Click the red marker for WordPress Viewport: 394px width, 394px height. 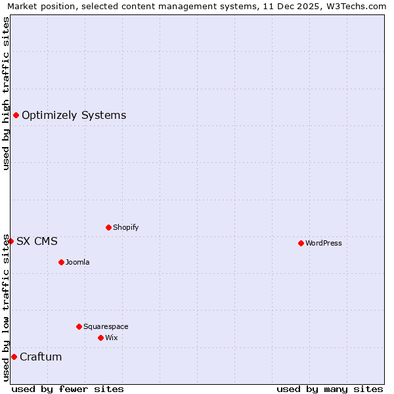(x=301, y=243)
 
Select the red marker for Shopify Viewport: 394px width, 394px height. (x=108, y=227)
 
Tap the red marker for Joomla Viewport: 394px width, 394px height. (x=61, y=262)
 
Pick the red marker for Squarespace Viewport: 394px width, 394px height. (x=79, y=326)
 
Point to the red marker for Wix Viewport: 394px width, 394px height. (x=100, y=338)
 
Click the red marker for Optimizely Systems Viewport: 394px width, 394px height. (x=16, y=116)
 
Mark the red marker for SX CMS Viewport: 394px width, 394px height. (x=11, y=241)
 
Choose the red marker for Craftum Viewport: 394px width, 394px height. (x=14, y=357)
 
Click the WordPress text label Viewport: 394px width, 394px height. (x=324, y=243)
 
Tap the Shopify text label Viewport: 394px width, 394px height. (x=125, y=227)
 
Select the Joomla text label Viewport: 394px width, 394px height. (x=77, y=262)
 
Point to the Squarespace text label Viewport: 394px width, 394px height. (x=106, y=326)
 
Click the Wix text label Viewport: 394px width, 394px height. (x=112, y=338)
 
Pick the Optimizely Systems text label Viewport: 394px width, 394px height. (x=74, y=116)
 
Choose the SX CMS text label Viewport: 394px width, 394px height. (x=37, y=241)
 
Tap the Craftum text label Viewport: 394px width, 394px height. (x=41, y=357)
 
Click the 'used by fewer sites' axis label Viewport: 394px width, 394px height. (x=68, y=389)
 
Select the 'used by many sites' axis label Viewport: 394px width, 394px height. (x=330, y=389)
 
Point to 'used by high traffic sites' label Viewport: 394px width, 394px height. (x=6, y=93)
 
